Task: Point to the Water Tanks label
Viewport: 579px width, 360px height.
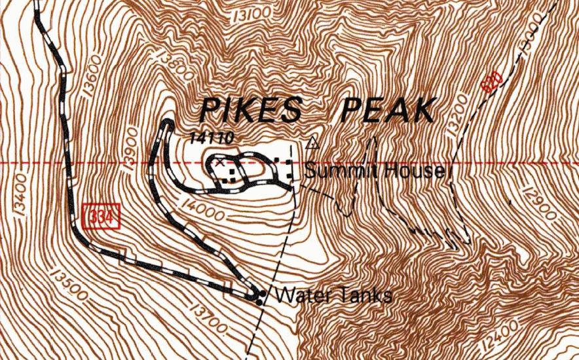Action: pyautogui.click(x=334, y=295)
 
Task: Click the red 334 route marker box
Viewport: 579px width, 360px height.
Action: pyautogui.click(x=103, y=216)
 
